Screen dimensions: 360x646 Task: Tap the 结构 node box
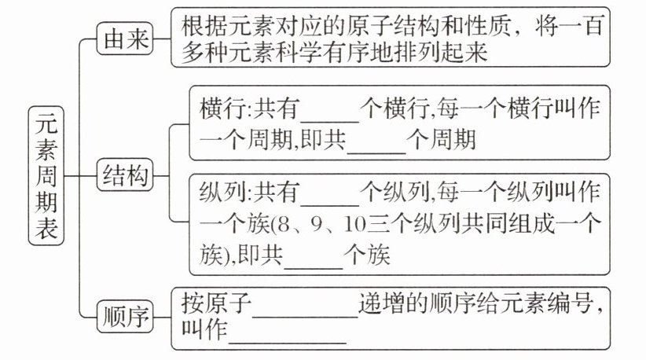(124, 178)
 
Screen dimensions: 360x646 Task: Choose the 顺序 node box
(124, 318)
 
